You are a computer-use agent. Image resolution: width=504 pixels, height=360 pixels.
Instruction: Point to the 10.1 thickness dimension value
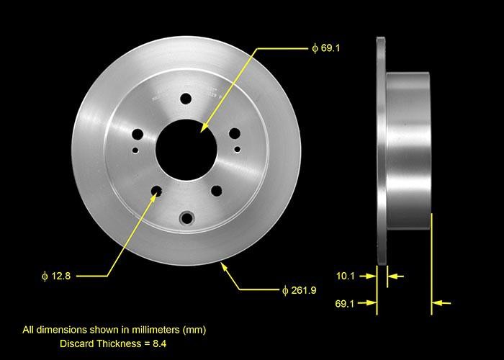[x=346, y=275]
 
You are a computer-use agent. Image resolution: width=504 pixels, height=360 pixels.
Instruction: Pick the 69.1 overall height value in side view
[x=346, y=304]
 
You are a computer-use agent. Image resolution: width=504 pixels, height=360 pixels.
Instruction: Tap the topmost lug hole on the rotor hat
[x=186, y=99]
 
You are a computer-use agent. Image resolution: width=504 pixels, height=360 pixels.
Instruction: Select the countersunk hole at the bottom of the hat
[x=188, y=217]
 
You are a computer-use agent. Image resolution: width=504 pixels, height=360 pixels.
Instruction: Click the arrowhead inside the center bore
[x=204, y=127]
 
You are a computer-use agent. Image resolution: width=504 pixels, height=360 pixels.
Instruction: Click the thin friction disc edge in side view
[x=381, y=151]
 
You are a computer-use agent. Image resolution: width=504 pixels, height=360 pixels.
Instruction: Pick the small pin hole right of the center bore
[x=238, y=148]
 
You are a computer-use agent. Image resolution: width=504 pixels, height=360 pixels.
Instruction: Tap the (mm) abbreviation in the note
[x=194, y=330]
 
